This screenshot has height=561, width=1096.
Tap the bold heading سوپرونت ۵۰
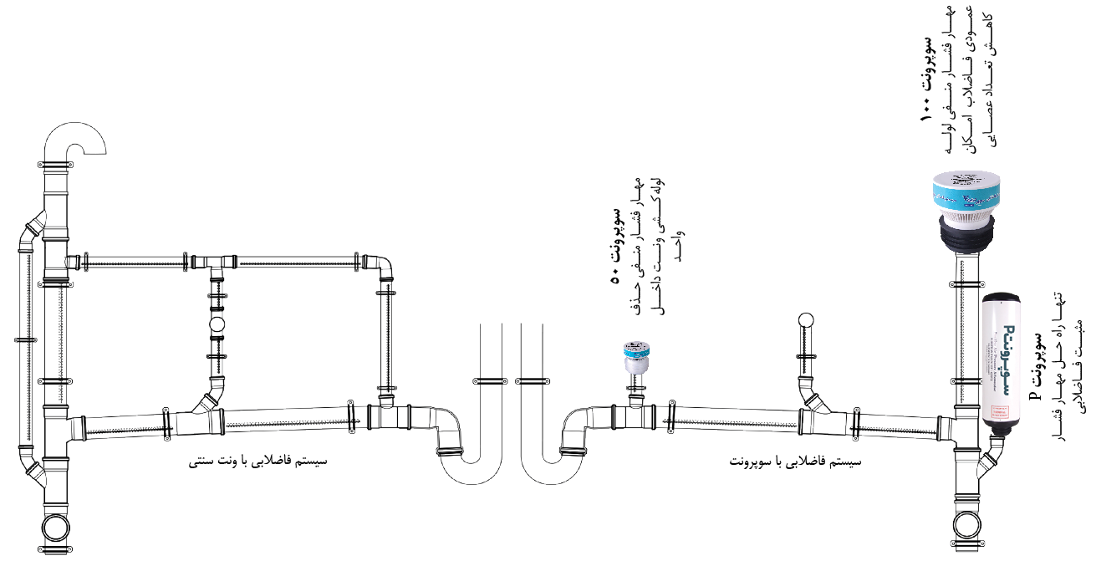click(616, 242)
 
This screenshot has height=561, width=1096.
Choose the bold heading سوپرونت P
click(1036, 367)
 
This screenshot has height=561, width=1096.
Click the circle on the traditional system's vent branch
click(217, 324)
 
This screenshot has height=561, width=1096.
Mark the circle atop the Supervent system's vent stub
click(806, 319)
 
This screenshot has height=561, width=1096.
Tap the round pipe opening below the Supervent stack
click(970, 528)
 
